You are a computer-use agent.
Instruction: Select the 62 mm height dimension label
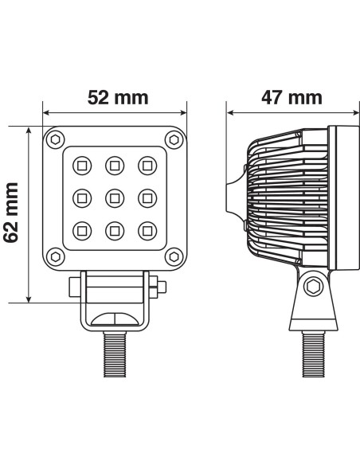click(11, 214)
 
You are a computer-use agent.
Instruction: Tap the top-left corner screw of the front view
click(54, 139)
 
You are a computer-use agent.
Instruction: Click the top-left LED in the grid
click(81, 166)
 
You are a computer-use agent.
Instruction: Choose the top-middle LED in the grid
click(114, 166)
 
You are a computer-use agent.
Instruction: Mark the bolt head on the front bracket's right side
click(162, 286)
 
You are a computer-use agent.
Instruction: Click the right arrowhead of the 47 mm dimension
click(348, 113)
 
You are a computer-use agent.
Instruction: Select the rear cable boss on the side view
click(232, 197)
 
